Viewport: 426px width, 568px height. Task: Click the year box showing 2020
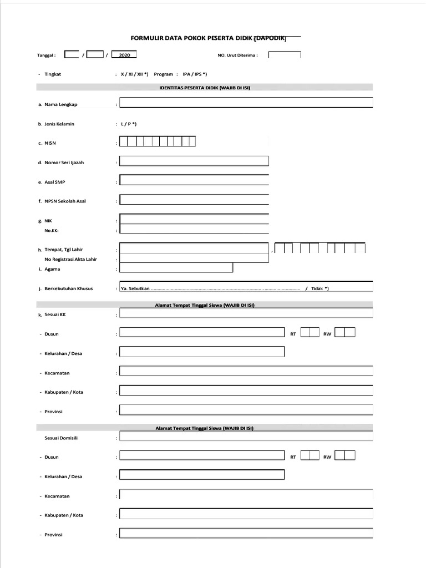point(124,55)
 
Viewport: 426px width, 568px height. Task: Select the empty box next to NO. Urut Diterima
point(285,55)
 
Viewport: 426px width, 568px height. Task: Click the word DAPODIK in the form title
point(270,38)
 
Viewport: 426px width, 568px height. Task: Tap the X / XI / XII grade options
point(135,74)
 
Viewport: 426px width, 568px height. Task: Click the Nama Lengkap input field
point(246,103)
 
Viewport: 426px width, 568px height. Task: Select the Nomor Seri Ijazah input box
point(194,161)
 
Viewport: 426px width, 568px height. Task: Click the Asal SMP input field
point(194,181)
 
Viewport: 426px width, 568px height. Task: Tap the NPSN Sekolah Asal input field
point(194,200)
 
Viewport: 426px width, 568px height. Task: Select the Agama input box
point(176,268)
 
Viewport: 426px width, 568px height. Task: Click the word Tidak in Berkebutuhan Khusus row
point(317,288)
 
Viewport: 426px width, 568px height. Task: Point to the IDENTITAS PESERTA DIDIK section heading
point(205,88)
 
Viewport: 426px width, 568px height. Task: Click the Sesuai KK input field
point(246,313)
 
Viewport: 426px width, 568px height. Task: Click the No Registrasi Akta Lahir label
point(70,259)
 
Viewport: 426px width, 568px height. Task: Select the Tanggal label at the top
point(46,55)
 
